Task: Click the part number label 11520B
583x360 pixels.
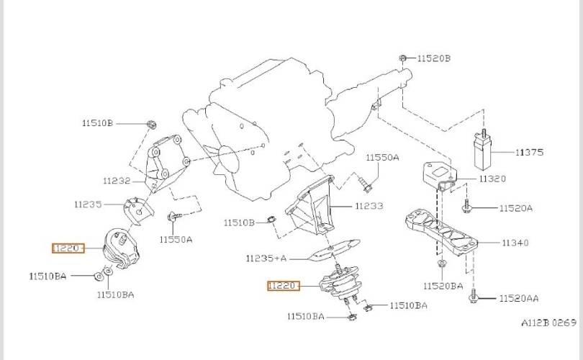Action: click(x=433, y=58)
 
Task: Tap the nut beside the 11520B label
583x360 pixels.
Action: click(x=402, y=58)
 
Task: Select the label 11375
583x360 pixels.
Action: click(x=529, y=152)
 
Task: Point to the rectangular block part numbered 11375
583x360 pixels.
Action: click(x=483, y=152)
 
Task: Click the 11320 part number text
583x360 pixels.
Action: click(x=492, y=179)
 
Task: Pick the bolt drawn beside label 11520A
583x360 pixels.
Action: click(x=466, y=207)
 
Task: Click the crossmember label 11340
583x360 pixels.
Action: click(x=515, y=243)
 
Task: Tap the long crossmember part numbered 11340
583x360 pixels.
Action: click(x=441, y=232)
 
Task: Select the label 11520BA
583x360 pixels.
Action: click(x=443, y=286)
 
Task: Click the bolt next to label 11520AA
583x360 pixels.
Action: click(x=474, y=297)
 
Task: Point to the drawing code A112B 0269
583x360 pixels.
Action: click(x=548, y=323)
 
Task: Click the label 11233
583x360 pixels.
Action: click(x=369, y=206)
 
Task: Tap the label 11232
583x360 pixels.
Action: click(x=117, y=181)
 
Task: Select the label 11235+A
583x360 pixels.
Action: click(x=266, y=258)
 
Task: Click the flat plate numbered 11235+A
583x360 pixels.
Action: click(x=333, y=250)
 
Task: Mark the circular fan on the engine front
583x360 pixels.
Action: click(x=227, y=161)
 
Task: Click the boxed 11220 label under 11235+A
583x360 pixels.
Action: click(x=284, y=286)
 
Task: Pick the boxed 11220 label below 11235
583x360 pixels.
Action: click(x=68, y=248)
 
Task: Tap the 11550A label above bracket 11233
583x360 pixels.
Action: click(x=382, y=158)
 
